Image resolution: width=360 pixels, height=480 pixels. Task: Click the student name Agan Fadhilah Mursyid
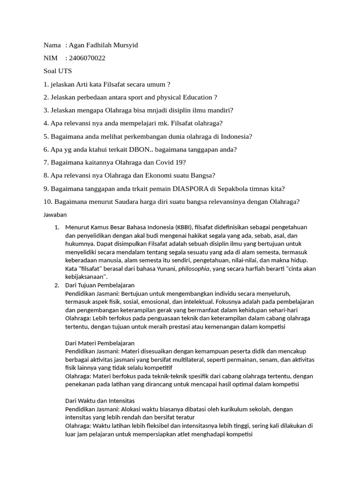pos(103,45)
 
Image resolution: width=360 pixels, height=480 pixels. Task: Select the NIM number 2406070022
pos(87,59)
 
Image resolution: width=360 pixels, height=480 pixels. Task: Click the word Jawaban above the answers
pos(55,215)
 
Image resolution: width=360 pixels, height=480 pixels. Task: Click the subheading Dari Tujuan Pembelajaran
pos(100,285)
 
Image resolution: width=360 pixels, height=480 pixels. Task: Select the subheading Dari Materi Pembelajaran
pos(100,343)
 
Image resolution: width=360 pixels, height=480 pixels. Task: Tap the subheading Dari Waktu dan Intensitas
pos(100,401)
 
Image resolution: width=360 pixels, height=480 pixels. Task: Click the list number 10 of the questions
pos(47,202)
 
